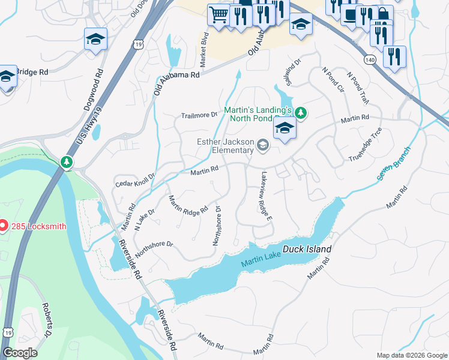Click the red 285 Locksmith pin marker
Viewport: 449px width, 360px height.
click(3, 226)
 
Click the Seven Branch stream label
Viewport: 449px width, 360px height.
click(393, 163)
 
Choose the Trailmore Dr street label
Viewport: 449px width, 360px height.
click(199, 115)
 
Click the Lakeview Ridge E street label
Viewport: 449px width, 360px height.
click(266, 196)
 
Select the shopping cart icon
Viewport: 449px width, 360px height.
click(218, 14)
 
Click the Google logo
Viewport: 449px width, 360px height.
click(20, 353)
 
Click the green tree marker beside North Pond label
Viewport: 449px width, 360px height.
click(302, 112)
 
